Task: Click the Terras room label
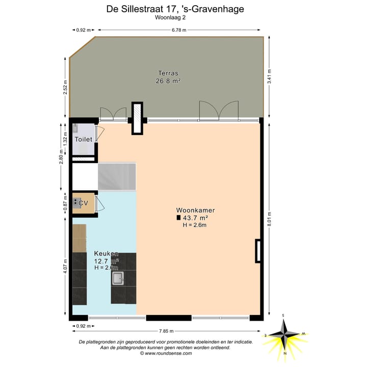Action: pyautogui.click(x=168, y=73)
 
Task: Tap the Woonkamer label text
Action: pyautogui.click(x=195, y=210)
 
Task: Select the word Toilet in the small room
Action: pyautogui.click(x=83, y=139)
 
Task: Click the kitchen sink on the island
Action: pyautogui.click(x=118, y=278)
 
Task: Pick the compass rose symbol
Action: pyautogui.click(x=286, y=335)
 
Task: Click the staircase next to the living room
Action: pyautogui.click(x=117, y=176)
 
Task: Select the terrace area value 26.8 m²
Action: pyautogui.click(x=168, y=81)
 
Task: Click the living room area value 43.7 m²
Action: pyautogui.click(x=197, y=218)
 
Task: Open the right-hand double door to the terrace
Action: pyautogui.click(x=219, y=110)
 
